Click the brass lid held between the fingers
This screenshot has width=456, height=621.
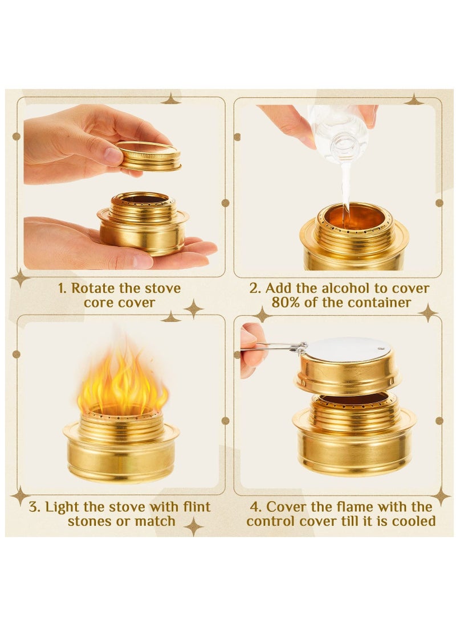tap(149, 156)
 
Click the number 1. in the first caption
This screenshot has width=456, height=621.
tap(62, 288)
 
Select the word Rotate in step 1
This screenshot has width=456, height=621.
tap(92, 288)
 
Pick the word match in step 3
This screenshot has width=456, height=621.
tap(156, 521)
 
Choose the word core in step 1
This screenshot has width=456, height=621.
tap(99, 302)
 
